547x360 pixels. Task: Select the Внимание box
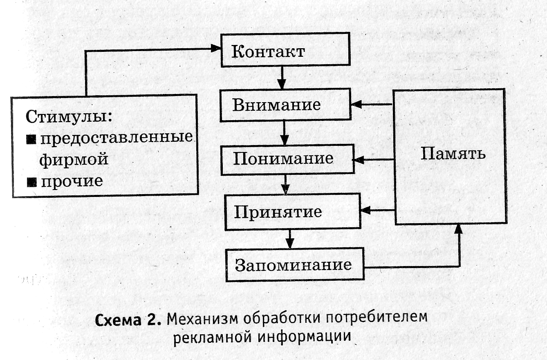285,105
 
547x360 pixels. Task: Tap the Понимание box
287,159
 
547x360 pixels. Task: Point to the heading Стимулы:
69,116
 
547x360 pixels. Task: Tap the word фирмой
74,159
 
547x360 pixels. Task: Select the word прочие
71,181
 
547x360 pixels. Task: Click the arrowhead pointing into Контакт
216,48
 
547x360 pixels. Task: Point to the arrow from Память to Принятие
378,211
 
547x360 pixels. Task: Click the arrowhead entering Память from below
459,229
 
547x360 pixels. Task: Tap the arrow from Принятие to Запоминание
290,238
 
